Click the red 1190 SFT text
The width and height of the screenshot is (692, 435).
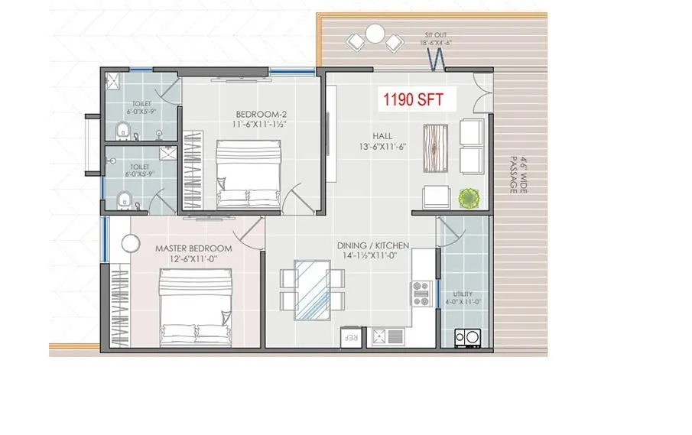418,99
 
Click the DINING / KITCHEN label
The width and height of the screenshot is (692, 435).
373,245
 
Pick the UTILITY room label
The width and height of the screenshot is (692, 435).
463,294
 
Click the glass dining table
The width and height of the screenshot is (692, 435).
312,289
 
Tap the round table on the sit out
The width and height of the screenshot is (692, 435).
375,34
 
